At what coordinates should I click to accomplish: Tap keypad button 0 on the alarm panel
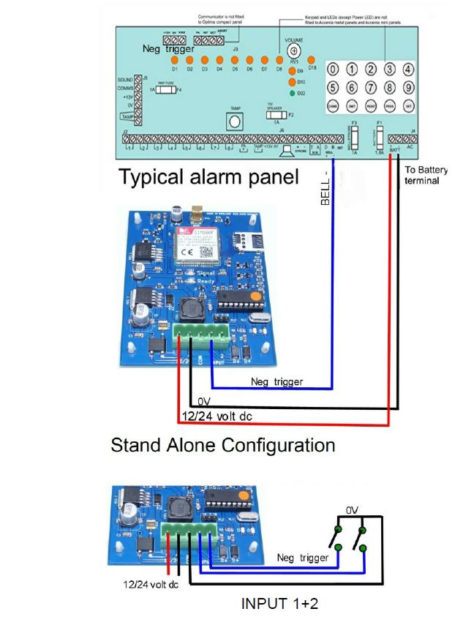tap(333, 70)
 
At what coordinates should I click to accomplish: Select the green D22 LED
tap(293, 93)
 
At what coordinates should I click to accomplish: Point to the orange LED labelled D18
tap(312, 59)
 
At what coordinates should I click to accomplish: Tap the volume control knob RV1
tap(293, 51)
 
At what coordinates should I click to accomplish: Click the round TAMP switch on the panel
tap(236, 122)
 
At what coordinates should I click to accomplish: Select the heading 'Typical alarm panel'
tap(209, 176)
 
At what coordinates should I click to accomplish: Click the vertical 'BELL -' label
tap(326, 188)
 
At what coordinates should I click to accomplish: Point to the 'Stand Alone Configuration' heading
tap(222, 445)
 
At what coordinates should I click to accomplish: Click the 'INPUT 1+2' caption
tap(279, 604)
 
